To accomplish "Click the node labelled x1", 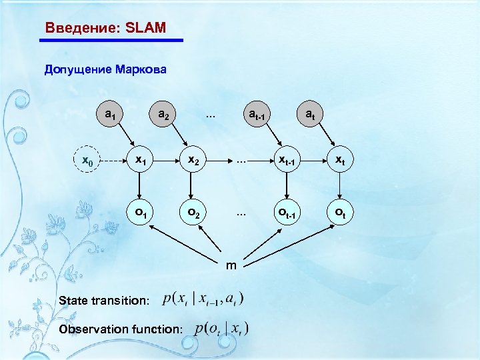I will pos(141,161).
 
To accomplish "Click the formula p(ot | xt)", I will pos(222,328).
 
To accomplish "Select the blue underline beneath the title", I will pos(111,41).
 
